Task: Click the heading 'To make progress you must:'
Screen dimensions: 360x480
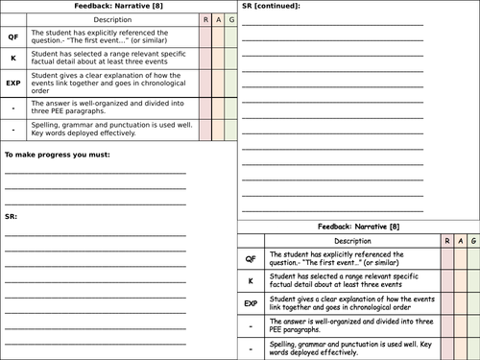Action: [57, 155]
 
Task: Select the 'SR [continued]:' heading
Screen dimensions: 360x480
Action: [272, 7]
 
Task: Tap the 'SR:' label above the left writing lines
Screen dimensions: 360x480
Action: [11, 218]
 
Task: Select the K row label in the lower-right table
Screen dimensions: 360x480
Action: [251, 280]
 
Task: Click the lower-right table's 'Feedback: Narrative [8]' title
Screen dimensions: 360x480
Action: [359, 227]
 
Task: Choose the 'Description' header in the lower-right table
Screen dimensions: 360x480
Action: [351, 241]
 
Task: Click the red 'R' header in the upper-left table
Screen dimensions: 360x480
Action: [204, 19]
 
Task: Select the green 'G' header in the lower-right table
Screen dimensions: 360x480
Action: [472, 241]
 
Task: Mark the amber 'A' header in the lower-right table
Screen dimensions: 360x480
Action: [459, 241]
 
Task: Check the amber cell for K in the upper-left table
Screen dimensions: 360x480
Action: [218, 59]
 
